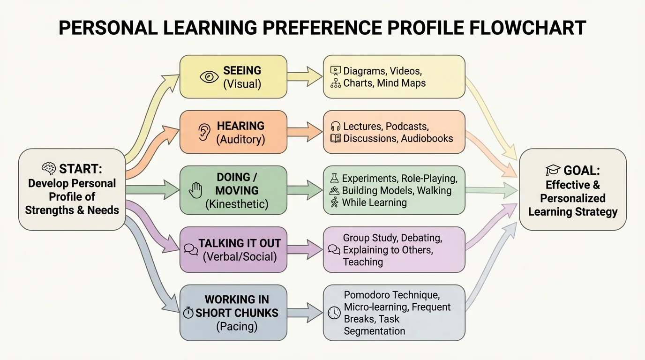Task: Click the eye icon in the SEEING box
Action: pos(209,77)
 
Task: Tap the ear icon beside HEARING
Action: pos(204,133)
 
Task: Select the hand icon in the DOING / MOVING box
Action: pos(195,190)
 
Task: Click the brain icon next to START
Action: pos(49,168)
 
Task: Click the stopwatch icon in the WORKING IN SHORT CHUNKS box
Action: pos(188,313)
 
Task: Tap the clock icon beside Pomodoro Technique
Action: pos(334,313)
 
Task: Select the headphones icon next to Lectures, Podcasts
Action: pos(336,127)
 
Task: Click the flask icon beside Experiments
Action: pos(334,178)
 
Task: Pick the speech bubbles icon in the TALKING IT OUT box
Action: pos(191,249)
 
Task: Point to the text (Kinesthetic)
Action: pos(236,204)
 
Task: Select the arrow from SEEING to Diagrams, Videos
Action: pos(305,76)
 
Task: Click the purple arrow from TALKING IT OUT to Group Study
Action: pos(305,248)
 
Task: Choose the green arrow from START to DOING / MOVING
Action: pos(152,190)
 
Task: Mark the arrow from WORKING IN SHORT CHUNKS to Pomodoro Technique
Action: pos(305,312)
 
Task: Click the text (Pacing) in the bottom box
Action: pos(236,326)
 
